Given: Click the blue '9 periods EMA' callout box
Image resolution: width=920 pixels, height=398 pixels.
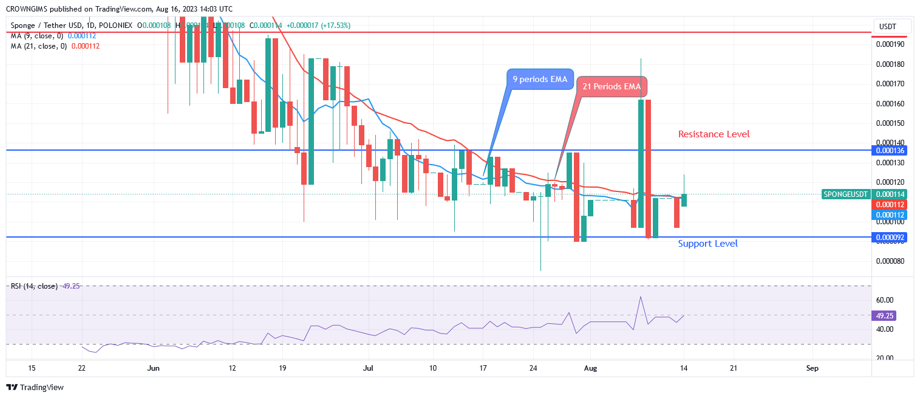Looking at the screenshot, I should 540,79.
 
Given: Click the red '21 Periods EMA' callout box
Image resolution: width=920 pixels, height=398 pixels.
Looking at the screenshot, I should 612,87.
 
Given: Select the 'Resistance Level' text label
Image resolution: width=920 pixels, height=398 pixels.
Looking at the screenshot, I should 714,134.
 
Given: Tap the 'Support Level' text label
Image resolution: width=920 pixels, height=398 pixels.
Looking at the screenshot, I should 707,243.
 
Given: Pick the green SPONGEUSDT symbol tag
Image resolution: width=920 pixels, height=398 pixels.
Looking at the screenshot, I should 845,194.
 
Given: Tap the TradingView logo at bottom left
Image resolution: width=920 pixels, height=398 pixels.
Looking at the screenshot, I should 35,387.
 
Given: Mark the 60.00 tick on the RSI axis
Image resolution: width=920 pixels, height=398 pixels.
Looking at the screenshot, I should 884,300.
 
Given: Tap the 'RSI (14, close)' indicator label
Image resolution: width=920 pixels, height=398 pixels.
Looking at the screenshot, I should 34,286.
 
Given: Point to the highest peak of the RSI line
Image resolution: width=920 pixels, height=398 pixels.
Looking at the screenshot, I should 640,297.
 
